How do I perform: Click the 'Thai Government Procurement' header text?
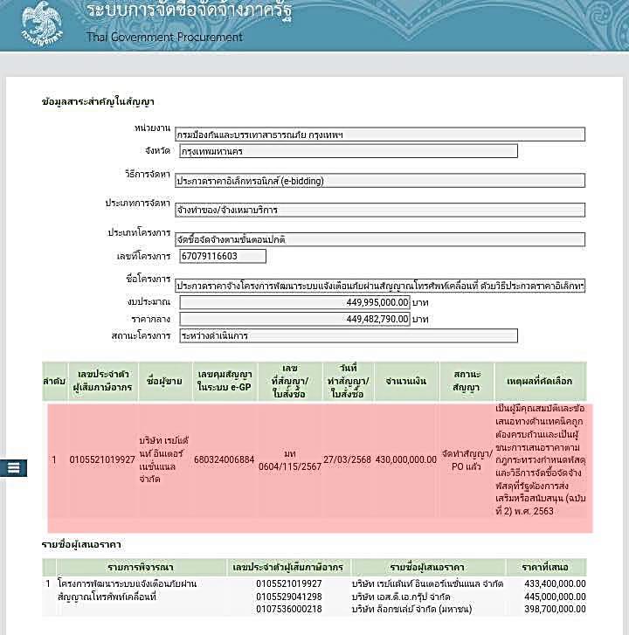164,38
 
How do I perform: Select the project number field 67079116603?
222,256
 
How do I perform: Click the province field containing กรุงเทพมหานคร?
348,151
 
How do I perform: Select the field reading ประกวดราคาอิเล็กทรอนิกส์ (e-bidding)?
380,181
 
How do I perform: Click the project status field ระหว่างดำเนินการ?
348,335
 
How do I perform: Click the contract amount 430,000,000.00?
405,459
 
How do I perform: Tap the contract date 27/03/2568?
347,459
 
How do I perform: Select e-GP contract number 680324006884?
224,459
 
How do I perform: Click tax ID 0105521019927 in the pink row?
102,459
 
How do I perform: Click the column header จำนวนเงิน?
405,382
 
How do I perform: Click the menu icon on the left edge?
13,467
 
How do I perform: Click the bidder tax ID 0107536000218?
289,609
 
